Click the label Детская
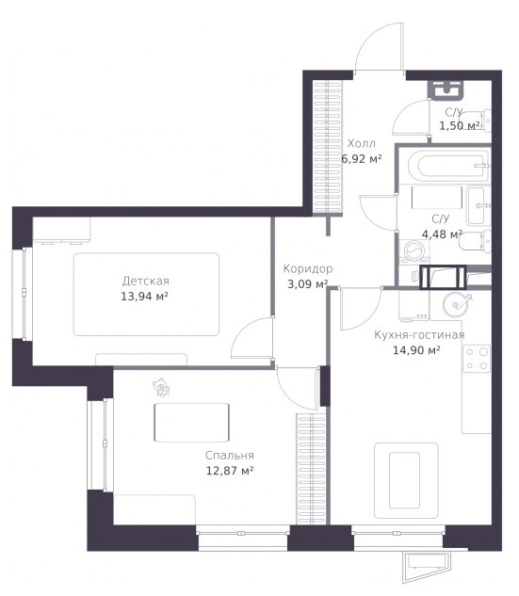tap(146, 282)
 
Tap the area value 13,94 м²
tap(144, 296)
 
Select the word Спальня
tap(230, 456)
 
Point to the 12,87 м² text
tap(230, 471)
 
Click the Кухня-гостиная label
tap(419, 335)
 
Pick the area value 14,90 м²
tap(416, 350)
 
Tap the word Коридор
tap(308, 268)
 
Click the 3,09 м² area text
tap(308, 284)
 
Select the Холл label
tap(362, 144)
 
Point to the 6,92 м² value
tap(361, 159)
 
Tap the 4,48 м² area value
tap(442, 234)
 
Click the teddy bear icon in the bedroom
tap(161, 388)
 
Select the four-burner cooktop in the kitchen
tap(477, 359)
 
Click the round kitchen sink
tap(455, 305)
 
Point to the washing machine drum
tap(414, 251)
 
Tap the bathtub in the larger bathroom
tap(448, 166)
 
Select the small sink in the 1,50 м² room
tap(446, 89)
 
